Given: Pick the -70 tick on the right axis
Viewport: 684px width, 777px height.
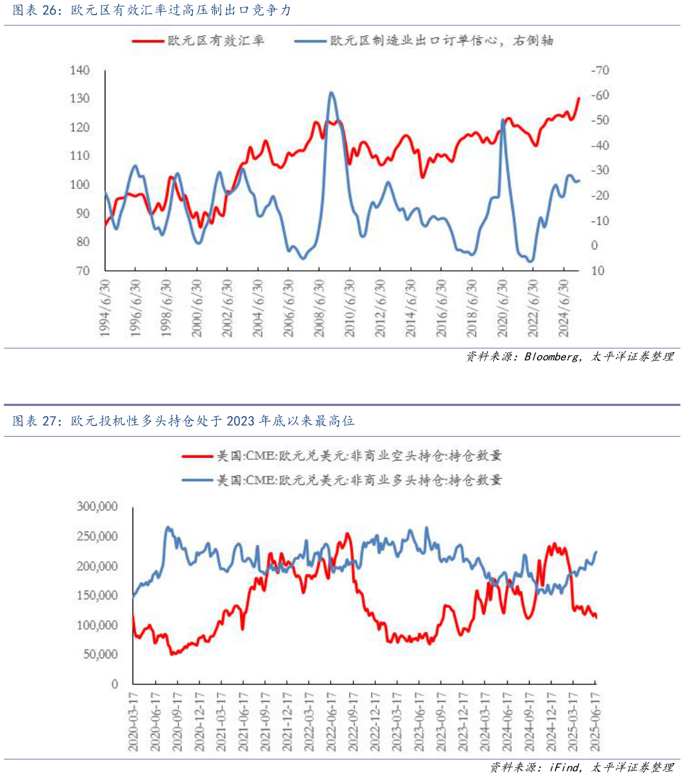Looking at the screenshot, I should tap(599, 70).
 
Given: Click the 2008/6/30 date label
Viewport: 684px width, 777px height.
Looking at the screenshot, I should tap(319, 309).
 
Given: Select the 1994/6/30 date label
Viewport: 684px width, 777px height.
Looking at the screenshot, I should tap(105, 309).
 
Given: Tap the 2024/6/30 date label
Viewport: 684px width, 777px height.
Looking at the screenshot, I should tap(564, 309).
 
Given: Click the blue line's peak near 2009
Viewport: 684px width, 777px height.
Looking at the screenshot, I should tap(332, 93).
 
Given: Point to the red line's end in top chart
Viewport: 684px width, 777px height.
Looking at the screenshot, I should tap(579, 98).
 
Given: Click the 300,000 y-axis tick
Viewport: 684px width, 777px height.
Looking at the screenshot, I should tap(97, 507).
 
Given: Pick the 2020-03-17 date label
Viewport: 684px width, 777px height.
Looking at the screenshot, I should tap(133, 720).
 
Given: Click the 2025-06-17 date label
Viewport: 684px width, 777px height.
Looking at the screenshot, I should tap(595, 720).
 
